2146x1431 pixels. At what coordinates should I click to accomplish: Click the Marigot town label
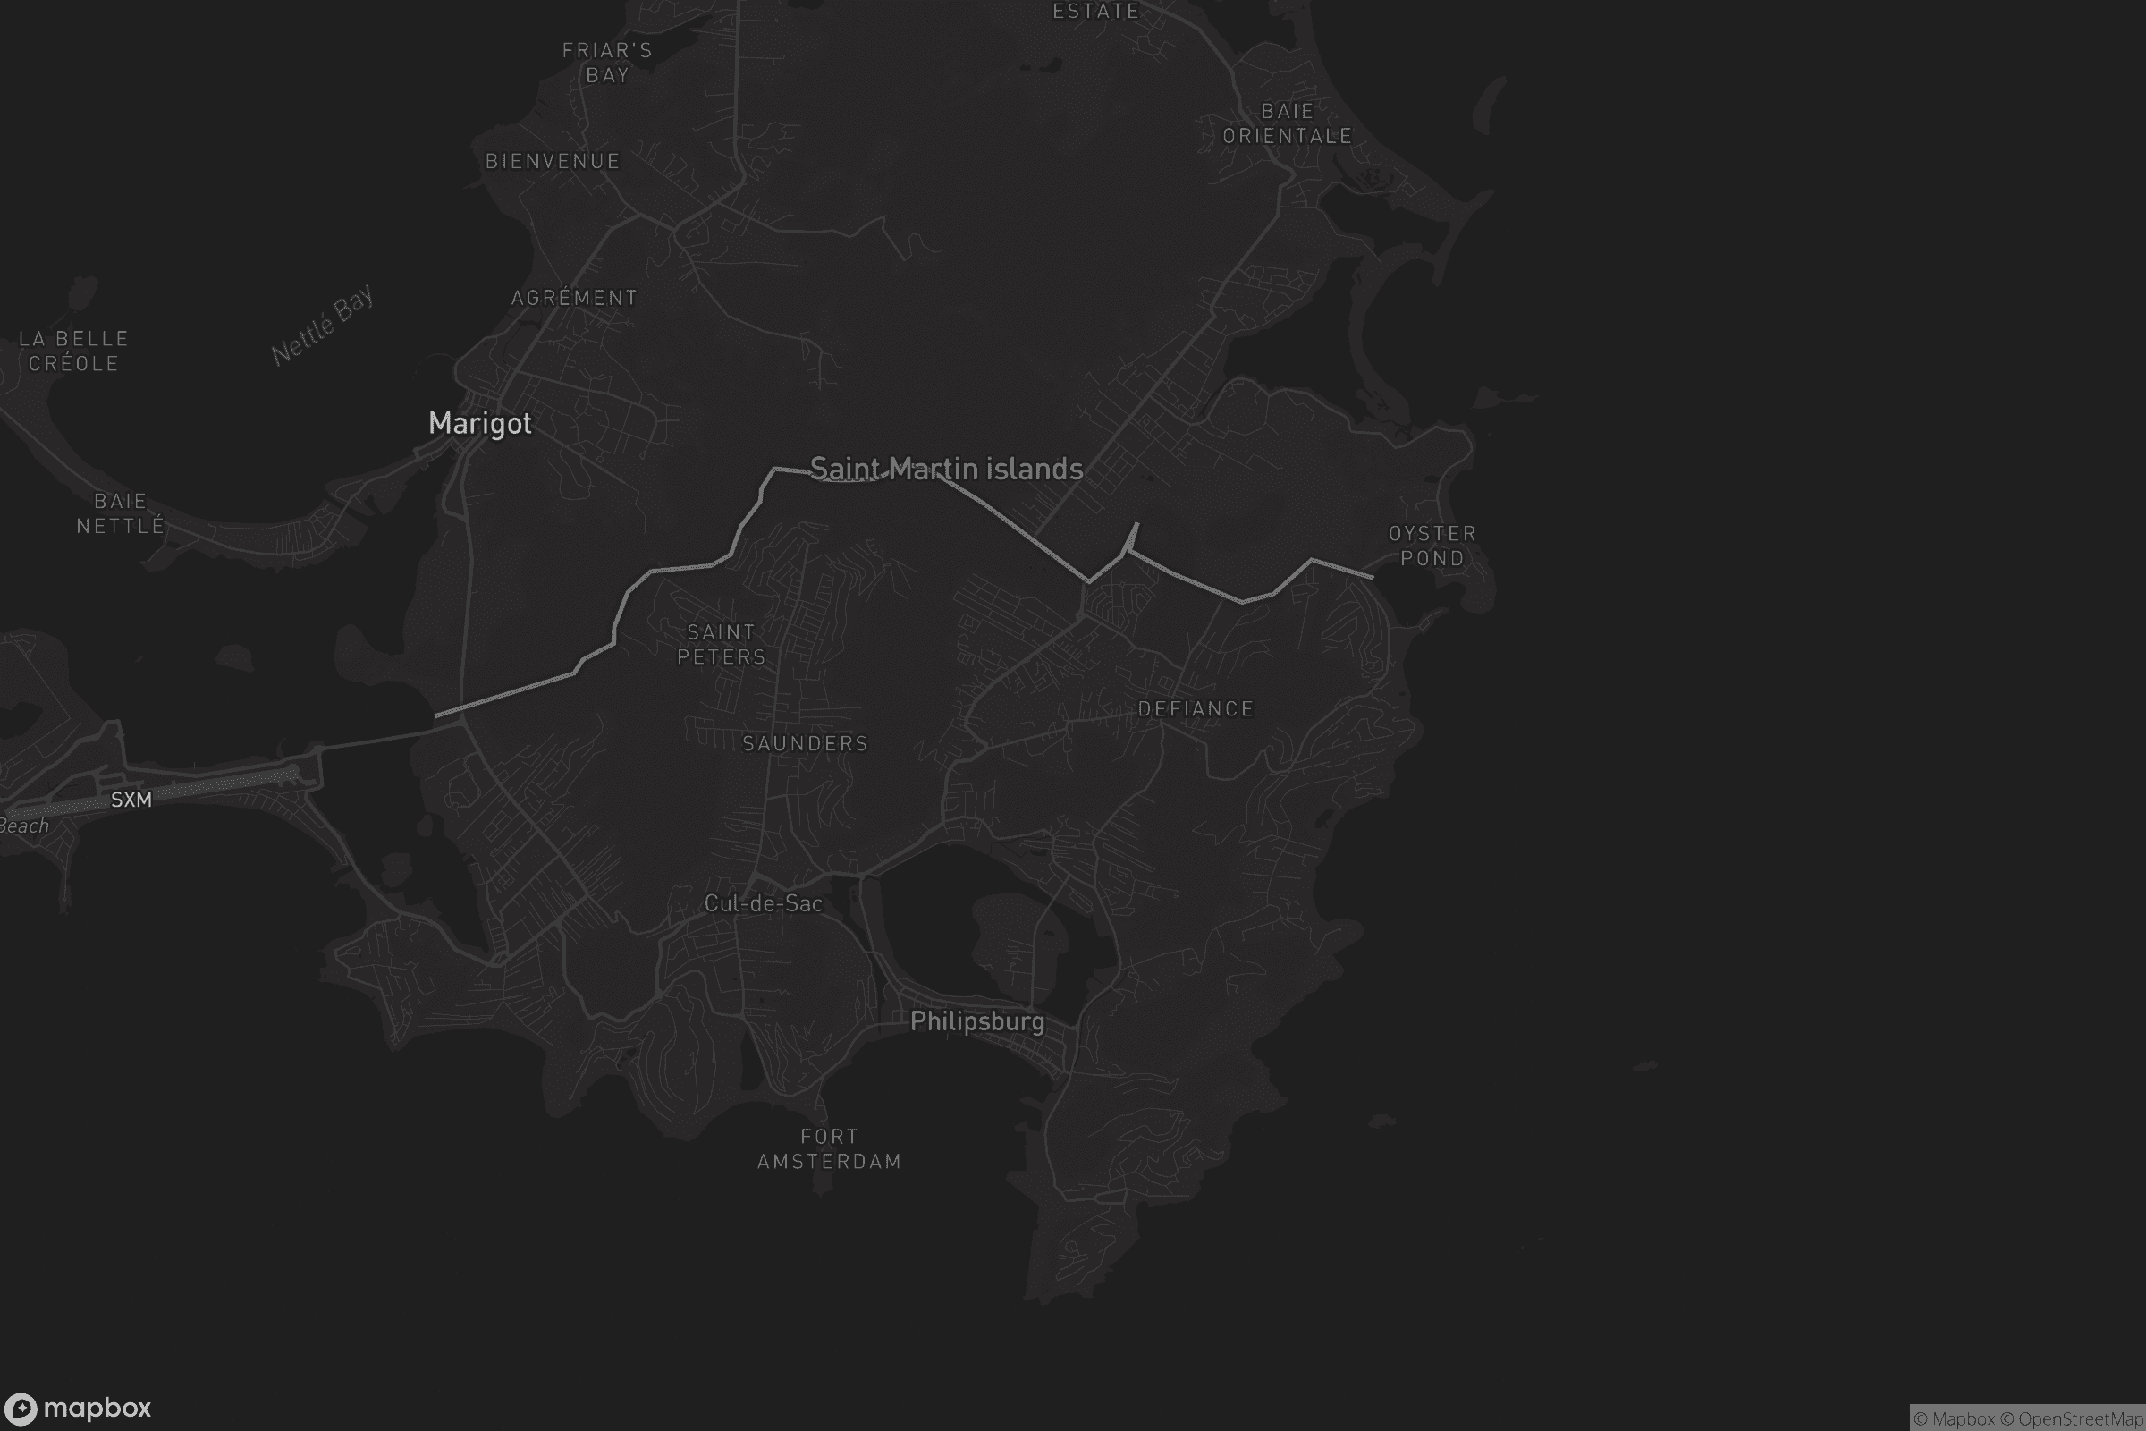[x=480, y=423]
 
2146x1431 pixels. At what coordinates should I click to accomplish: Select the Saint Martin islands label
[x=946, y=469]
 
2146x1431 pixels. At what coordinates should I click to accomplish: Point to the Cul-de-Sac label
[x=764, y=903]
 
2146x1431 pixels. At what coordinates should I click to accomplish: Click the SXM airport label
[x=131, y=800]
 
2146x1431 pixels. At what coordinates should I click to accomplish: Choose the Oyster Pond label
[x=1432, y=546]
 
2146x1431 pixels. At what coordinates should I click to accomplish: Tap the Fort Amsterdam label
[x=829, y=1149]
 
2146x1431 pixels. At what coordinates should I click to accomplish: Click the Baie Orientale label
[x=1288, y=123]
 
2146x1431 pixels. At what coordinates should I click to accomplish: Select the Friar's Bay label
[x=607, y=63]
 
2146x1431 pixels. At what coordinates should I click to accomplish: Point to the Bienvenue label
[x=552, y=162]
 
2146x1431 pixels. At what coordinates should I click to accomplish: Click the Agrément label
[x=574, y=299]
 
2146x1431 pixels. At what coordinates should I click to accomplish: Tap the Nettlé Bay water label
[x=322, y=325]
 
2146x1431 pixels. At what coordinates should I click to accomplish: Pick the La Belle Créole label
[x=74, y=351]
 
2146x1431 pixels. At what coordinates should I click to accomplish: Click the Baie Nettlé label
[x=121, y=513]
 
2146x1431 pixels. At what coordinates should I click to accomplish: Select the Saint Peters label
[x=721, y=644]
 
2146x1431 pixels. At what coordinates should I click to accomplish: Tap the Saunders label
[x=805, y=744]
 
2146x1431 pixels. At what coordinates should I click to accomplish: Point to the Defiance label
[x=1196, y=709]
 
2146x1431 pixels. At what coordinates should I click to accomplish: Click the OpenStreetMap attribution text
[x=2081, y=1419]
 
